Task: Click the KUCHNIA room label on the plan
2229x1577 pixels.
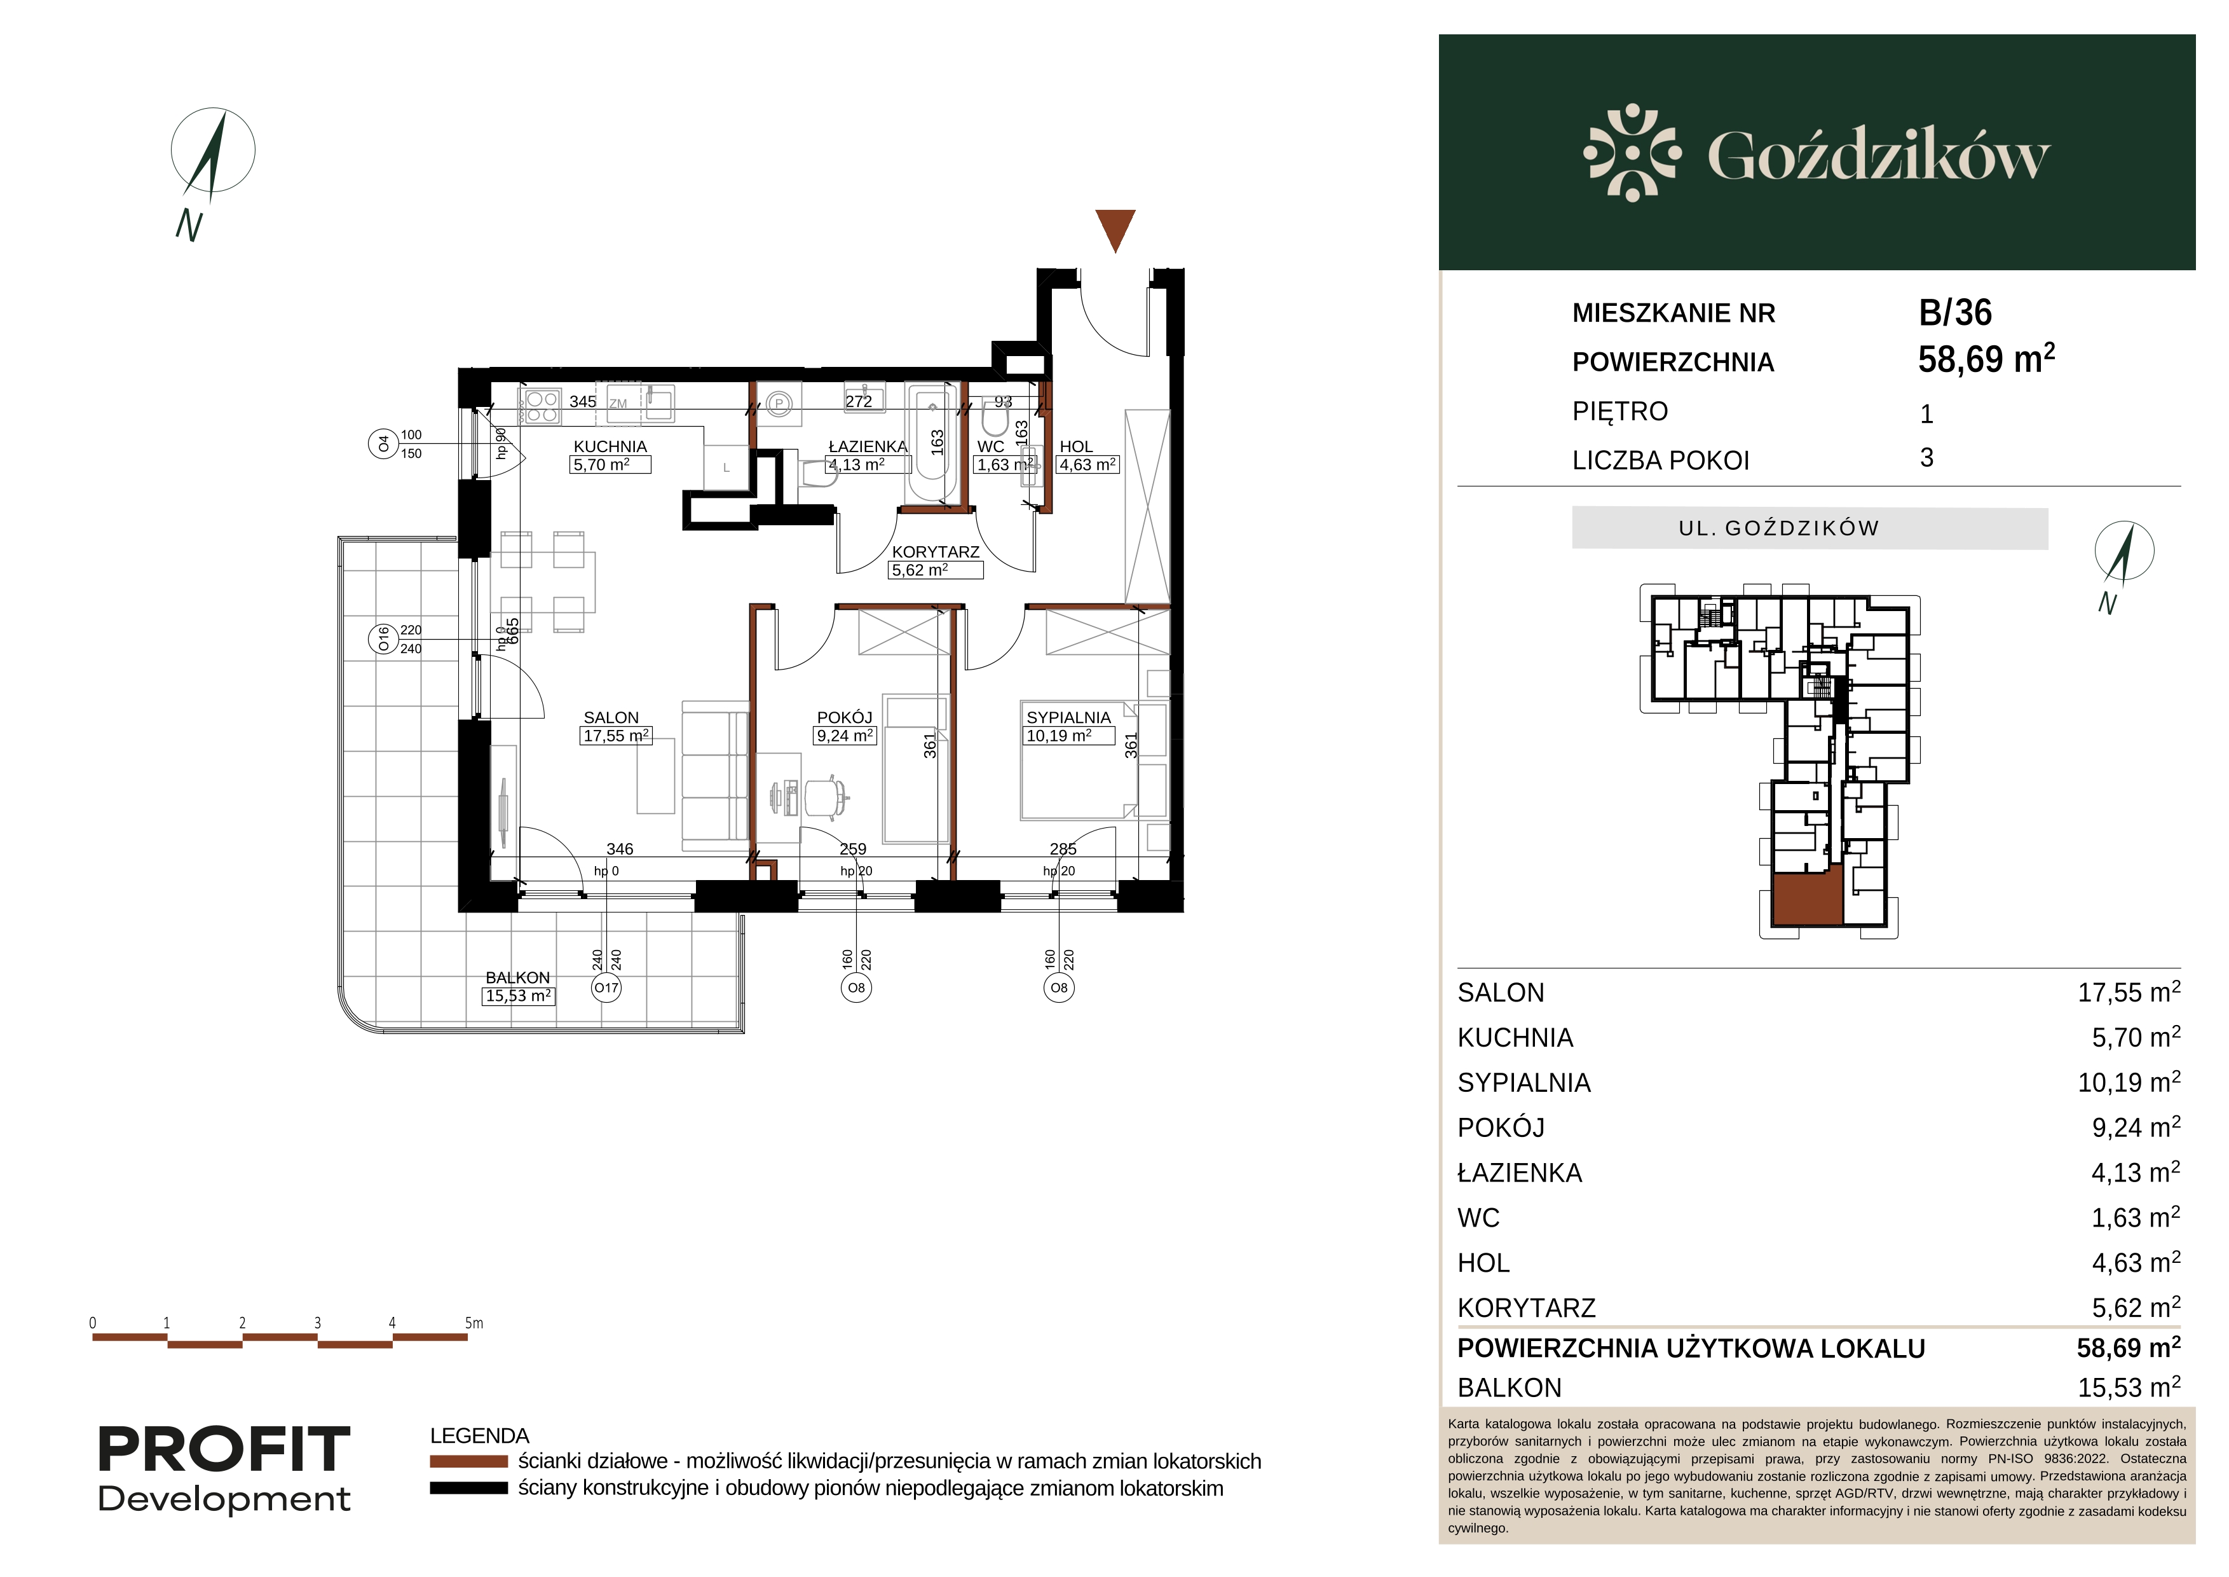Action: pyautogui.click(x=610, y=446)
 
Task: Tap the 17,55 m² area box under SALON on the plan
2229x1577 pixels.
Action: pyautogui.click(x=617, y=736)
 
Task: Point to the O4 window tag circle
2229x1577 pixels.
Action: pyautogui.click(x=383, y=444)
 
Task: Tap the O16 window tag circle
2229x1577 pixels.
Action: pyautogui.click(x=383, y=639)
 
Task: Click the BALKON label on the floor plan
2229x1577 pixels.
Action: pyautogui.click(x=517, y=978)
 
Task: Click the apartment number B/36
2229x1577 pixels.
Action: pyautogui.click(x=1955, y=313)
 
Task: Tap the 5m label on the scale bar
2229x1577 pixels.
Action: pyautogui.click(x=474, y=1323)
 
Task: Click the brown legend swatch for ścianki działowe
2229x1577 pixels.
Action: pyautogui.click(x=469, y=1461)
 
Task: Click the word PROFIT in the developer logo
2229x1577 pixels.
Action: pyautogui.click(x=224, y=1450)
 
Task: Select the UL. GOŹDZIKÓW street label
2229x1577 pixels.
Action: pyautogui.click(x=1778, y=528)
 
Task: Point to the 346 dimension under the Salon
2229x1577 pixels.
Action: pyautogui.click(x=620, y=849)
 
